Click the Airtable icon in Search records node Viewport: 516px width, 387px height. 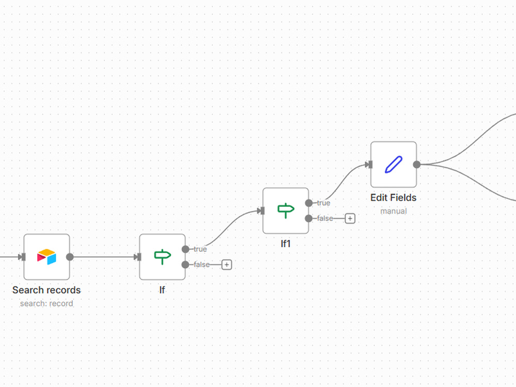(x=47, y=256)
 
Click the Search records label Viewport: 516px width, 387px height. (x=46, y=290)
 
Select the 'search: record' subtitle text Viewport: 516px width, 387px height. (x=46, y=303)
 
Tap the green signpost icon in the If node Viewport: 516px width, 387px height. (x=162, y=256)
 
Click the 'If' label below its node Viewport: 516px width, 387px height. (x=162, y=290)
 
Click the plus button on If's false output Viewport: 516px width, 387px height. (x=227, y=265)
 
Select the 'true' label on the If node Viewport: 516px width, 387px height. (x=200, y=249)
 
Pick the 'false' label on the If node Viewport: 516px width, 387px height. (x=201, y=265)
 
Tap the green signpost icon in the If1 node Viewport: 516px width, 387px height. (x=286, y=211)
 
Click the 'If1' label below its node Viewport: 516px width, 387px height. (x=286, y=244)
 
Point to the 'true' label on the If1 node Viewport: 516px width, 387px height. (x=324, y=203)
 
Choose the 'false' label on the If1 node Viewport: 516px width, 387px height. (x=325, y=218)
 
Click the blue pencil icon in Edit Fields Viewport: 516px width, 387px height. (x=394, y=164)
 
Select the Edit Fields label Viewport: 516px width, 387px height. (x=394, y=198)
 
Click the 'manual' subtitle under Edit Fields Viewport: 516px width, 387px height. (x=394, y=211)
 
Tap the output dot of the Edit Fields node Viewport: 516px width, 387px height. (x=416, y=165)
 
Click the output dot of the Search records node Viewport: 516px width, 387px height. (x=70, y=257)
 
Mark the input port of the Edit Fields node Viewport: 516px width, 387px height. (x=370, y=165)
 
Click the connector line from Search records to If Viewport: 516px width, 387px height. (x=104, y=257)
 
